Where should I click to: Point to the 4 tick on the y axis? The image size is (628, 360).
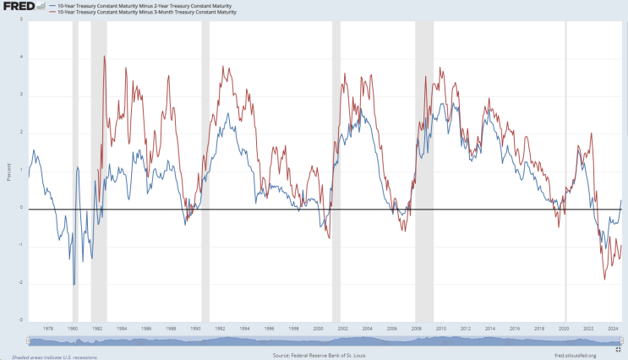click(20, 57)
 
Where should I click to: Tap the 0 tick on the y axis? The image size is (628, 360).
click(20, 208)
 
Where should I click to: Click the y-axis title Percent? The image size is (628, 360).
click(8, 171)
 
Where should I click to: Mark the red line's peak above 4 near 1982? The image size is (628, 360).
click(104, 57)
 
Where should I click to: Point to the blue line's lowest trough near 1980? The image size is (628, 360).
click(74, 284)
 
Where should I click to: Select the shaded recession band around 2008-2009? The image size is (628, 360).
click(424, 169)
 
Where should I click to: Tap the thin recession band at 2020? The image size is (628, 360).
click(565, 169)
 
